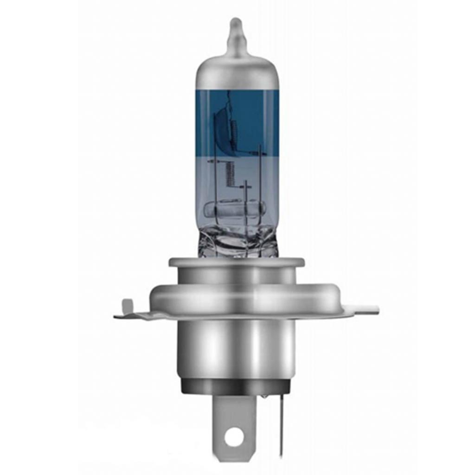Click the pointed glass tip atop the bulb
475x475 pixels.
pyautogui.click(x=236, y=32)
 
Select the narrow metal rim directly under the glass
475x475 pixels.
pyautogui.click(x=237, y=263)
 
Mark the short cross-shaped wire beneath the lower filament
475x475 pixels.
pyautogui.click(x=246, y=186)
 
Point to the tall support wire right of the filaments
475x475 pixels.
pyautogui.click(x=260, y=186)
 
